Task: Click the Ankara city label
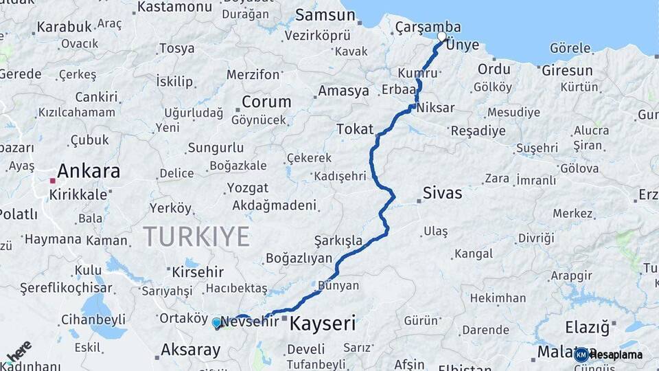click(x=89, y=170)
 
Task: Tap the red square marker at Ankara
click(x=52, y=181)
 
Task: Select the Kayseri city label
click(x=323, y=323)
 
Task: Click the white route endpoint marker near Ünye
click(x=441, y=36)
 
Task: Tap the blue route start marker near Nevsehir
click(x=217, y=322)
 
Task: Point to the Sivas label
click(x=442, y=193)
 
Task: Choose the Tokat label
click(x=355, y=128)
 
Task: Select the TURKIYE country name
click(x=196, y=236)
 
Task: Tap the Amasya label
click(x=343, y=91)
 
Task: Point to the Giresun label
click(x=567, y=70)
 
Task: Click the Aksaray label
click(x=190, y=350)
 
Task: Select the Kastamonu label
click(x=174, y=7)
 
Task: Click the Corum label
click(x=266, y=102)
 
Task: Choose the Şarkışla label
click(x=338, y=240)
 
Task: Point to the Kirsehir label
click(x=198, y=271)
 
